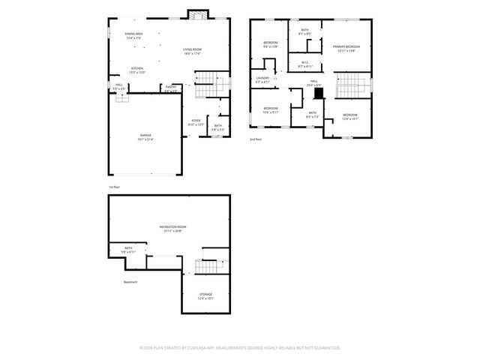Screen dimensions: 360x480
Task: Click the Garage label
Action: (145, 136)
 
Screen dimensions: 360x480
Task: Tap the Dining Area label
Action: (134, 34)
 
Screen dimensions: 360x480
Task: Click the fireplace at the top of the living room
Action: (197, 16)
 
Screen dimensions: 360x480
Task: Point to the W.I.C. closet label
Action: (304, 64)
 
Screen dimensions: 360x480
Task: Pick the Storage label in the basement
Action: (205, 295)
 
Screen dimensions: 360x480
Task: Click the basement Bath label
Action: (128, 250)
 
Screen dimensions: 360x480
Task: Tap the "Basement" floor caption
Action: (130, 282)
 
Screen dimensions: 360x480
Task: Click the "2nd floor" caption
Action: (256, 139)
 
